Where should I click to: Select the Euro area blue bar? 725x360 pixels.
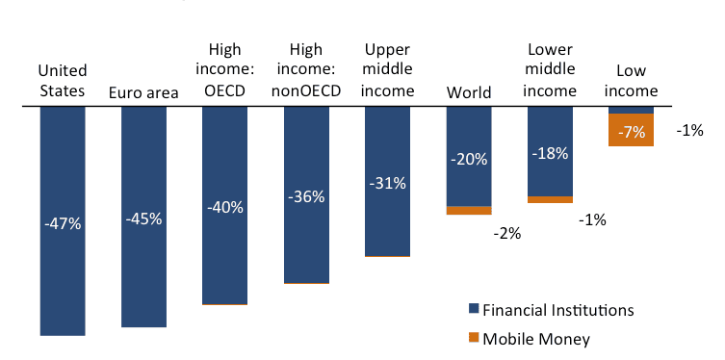tap(143, 270)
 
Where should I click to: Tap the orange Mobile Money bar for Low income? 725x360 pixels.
tap(632, 130)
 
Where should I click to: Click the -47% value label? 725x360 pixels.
tap(63, 223)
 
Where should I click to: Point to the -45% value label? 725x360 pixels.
tap(143, 219)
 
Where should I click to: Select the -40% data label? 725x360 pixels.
tap(225, 206)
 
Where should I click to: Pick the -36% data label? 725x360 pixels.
tap(306, 196)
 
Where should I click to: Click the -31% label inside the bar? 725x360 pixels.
tap(388, 183)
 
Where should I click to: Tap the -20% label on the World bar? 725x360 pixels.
tap(469, 160)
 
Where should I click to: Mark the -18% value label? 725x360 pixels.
tap(550, 153)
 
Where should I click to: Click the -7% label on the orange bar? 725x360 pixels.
tap(632, 132)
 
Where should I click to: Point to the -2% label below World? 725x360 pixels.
tap(506, 233)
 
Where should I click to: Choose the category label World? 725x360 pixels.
tap(469, 92)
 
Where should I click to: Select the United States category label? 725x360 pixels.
tap(63, 81)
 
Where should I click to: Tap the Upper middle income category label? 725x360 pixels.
tap(388, 70)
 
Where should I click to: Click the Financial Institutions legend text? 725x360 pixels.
tap(557, 310)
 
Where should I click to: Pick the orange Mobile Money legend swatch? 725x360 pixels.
tap(473, 338)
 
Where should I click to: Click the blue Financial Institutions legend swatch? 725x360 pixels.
tap(473, 310)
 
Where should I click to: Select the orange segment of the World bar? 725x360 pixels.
tap(469, 210)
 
